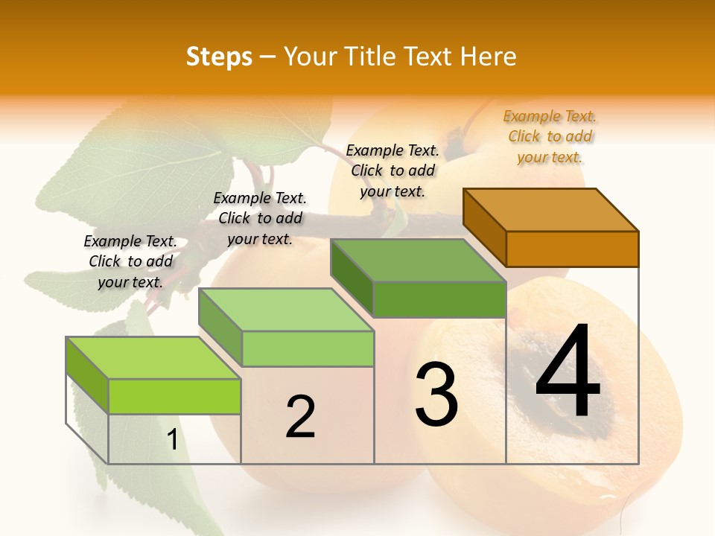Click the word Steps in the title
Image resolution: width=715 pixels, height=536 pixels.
pyautogui.click(x=219, y=57)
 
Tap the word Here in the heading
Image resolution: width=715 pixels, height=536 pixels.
pyautogui.click(x=488, y=57)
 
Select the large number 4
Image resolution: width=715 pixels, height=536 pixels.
pyautogui.click(x=568, y=372)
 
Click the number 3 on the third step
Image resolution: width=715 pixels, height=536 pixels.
pyautogui.click(x=436, y=395)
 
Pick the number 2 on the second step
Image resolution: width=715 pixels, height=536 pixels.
pyautogui.click(x=300, y=417)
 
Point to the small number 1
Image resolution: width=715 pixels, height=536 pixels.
pyautogui.click(x=172, y=440)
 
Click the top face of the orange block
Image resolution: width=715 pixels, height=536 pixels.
pyautogui.click(x=551, y=210)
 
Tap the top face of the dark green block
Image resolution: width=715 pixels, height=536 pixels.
pyautogui.click(x=417, y=261)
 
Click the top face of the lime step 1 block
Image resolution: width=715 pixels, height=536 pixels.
pyautogui.click(x=153, y=358)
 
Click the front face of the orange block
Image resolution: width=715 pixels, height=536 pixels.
pyautogui.click(x=572, y=249)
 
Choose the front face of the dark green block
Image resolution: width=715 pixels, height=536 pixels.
pyautogui.click(x=439, y=299)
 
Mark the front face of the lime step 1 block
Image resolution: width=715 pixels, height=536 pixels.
pyautogui.click(x=174, y=396)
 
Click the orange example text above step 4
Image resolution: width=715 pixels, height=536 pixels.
pyautogui.click(x=550, y=137)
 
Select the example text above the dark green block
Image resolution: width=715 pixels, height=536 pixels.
pyautogui.click(x=393, y=170)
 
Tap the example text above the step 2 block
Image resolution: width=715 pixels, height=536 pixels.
pyautogui.click(x=260, y=218)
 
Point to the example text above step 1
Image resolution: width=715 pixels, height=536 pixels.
pyautogui.click(x=130, y=261)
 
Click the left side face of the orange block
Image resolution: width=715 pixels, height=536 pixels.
pyautogui.click(x=484, y=227)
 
